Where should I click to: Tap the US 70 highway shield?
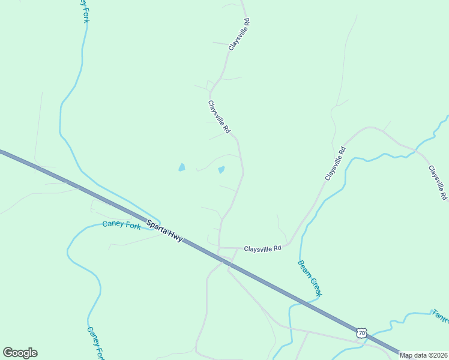[x=360, y=332]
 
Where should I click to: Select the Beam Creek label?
[x=310, y=278]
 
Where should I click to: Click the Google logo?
[x=20, y=353]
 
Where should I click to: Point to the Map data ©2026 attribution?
[x=423, y=355]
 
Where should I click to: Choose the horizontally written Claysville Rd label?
[x=262, y=248]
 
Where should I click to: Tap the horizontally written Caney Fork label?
[x=121, y=225]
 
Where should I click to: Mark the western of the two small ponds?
[x=181, y=168]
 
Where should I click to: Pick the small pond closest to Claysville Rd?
[x=221, y=170]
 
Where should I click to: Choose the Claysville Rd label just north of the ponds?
[x=219, y=116]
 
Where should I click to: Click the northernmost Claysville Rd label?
[x=239, y=34]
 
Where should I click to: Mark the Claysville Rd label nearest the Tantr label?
[x=437, y=182]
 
